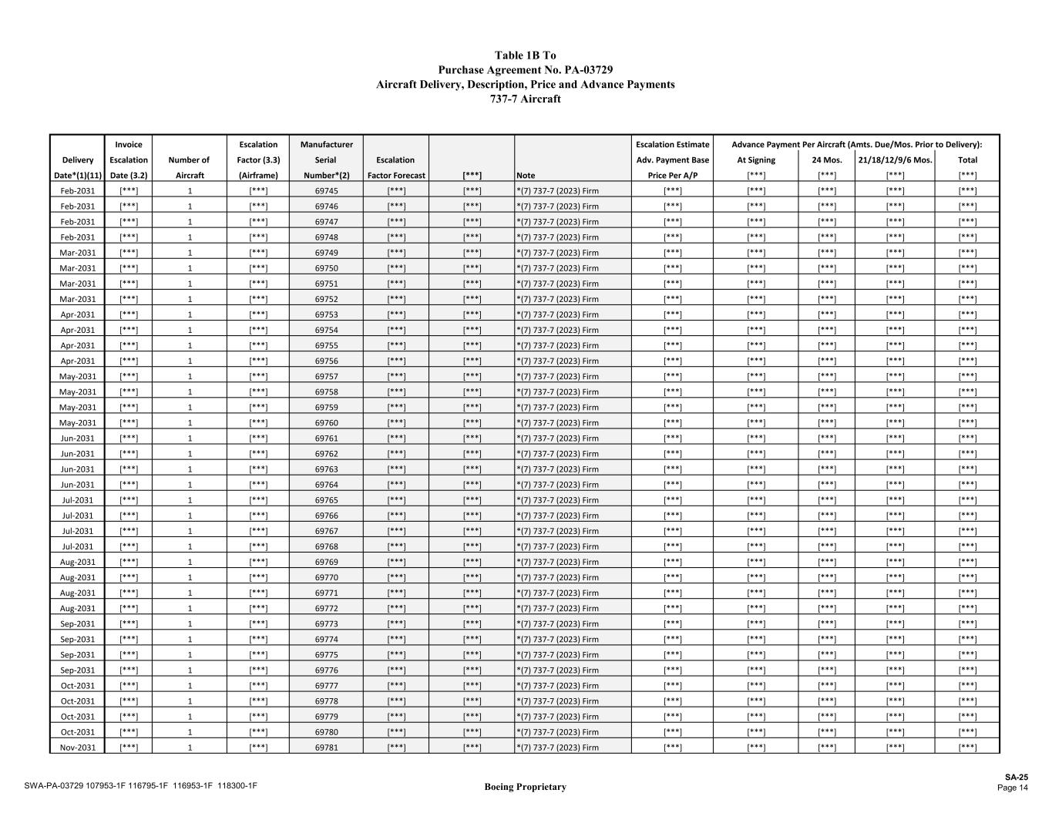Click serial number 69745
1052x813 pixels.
click(x=326, y=190)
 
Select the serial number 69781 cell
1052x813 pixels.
click(x=326, y=747)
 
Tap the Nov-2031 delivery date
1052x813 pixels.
click(x=78, y=747)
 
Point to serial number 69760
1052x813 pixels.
click(x=326, y=422)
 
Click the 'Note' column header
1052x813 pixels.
click(x=526, y=175)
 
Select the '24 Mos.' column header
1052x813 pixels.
click(x=826, y=160)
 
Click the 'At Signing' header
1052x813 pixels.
click(x=756, y=160)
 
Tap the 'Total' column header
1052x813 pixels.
click(x=967, y=160)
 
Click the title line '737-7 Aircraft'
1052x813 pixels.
click(x=525, y=99)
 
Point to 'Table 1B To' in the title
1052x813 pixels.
click(x=525, y=55)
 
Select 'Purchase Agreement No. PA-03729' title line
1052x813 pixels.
click(x=525, y=70)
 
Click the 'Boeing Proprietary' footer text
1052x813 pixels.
click(x=525, y=787)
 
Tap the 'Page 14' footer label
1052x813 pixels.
click(x=1012, y=788)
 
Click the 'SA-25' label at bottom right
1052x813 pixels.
click(x=1016, y=778)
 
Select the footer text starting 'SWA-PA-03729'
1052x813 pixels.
click(x=140, y=786)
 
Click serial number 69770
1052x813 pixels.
click(x=326, y=577)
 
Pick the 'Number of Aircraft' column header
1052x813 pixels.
click(x=190, y=167)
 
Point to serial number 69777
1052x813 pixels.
click(x=326, y=685)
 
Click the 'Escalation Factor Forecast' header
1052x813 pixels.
click(x=396, y=167)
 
